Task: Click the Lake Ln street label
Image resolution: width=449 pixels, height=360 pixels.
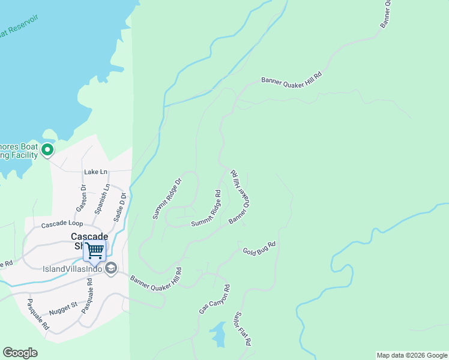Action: pos(95,172)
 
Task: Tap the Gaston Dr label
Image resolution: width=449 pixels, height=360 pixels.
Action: pos(82,197)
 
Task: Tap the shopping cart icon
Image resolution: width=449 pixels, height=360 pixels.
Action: pos(94,250)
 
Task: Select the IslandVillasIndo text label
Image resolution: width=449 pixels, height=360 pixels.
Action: pos(72,268)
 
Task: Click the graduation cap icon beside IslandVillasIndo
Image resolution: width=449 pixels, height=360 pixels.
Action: pos(110,268)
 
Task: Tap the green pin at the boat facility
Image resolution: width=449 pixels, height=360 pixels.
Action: pos(48,149)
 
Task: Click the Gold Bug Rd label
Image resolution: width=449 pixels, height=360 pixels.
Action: pos(259,248)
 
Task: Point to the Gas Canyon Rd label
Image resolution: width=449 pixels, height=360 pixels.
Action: pos(215,299)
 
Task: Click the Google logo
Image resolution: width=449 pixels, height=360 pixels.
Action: pos(20,353)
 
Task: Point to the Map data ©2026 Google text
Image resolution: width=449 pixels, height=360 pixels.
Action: pos(412,355)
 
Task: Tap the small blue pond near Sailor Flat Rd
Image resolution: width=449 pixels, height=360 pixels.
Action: pos(219,334)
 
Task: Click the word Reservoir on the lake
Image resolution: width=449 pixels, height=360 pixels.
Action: pos(23,25)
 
